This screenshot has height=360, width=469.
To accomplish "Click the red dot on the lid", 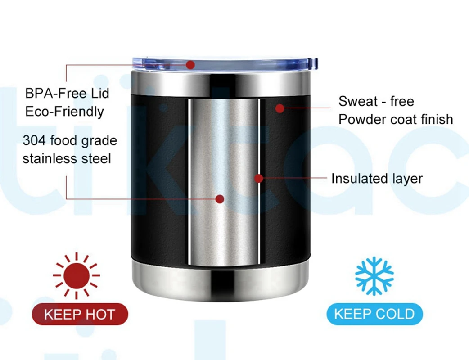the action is (x=190, y=65).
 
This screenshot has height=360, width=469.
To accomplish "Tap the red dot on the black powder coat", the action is (x=280, y=108).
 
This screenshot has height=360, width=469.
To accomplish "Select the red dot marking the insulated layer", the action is (x=258, y=179).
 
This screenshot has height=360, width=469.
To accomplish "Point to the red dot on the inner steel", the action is (x=220, y=199).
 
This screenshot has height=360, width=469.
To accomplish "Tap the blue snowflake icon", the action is (x=374, y=276).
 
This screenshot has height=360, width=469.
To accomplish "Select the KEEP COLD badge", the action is (x=374, y=314).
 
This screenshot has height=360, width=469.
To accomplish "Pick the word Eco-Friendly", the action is (x=64, y=111).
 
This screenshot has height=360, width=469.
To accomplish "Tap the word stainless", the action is (x=50, y=158).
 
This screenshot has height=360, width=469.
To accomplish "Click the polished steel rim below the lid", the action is (x=220, y=84).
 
